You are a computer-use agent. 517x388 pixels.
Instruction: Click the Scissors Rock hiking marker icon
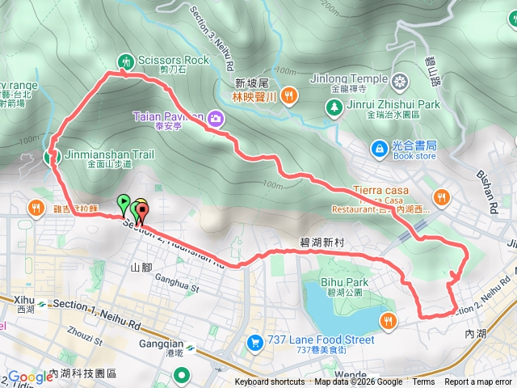[x=125, y=61]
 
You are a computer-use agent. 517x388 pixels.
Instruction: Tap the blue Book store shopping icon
[x=378, y=148]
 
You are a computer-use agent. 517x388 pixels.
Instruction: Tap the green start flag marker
[x=124, y=203]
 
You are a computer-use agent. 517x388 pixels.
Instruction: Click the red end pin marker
[x=143, y=213]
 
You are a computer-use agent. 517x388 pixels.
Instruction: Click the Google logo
[x=30, y=377]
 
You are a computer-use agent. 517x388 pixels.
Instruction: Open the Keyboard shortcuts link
[x=270, y=382]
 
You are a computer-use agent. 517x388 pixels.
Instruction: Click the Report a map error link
[x=478, y=382]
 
